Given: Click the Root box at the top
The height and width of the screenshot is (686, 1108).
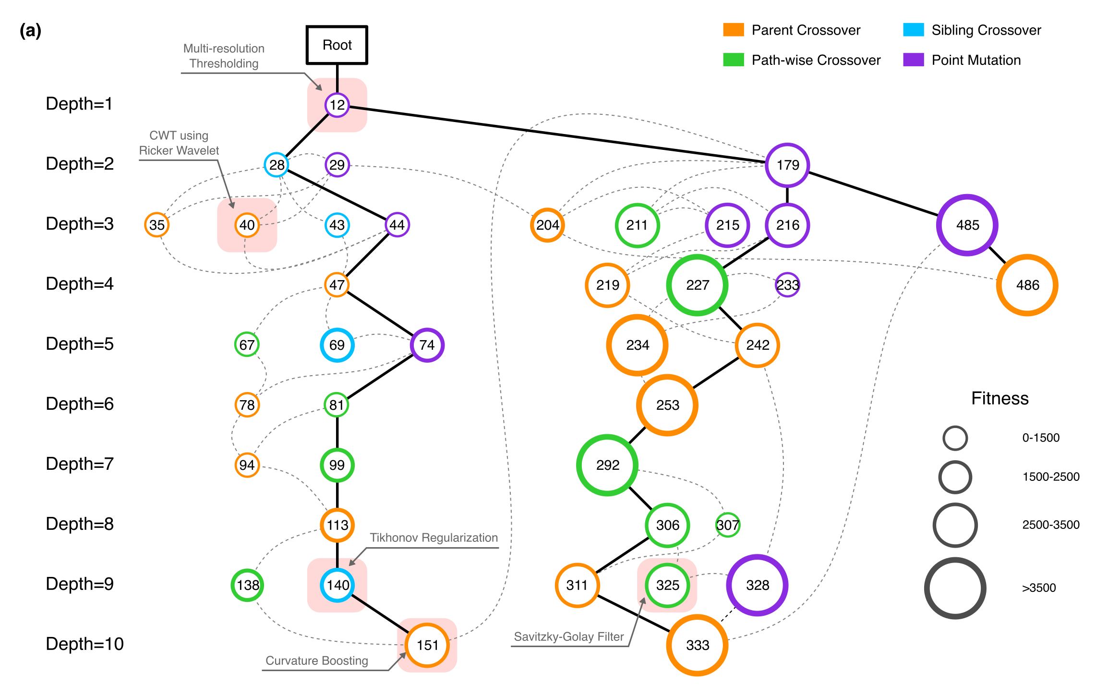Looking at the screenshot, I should tap(337, 45).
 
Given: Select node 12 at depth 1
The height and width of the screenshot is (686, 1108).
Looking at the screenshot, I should tap(337, 105).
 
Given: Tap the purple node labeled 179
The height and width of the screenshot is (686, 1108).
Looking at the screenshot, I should tap(787, 165).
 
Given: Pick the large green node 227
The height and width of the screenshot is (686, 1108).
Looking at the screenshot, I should tap(697, 285).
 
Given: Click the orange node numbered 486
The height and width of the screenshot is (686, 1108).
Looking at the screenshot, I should tap(1027, 285).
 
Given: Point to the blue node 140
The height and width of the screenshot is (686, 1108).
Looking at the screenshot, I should tap(337, 585).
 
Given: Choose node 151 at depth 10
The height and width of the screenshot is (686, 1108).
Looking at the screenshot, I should tap(427, 645).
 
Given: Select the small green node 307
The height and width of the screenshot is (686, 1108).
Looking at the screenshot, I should tap(727, 525).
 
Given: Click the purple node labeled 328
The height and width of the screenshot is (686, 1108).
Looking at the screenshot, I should tap(757, 585).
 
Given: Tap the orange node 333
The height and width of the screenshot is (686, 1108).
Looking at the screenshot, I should tap(697, 645).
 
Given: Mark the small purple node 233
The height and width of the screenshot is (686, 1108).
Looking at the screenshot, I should tap(787, 285).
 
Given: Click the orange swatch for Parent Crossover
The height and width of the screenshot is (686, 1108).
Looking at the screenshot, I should tap(733, 30).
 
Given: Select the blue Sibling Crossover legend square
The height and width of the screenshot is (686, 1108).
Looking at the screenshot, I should tap(913, 30).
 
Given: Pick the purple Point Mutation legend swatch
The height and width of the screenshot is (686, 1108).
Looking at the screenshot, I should tap(913, 60).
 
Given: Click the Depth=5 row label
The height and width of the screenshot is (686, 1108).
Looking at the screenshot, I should tap(80, 344).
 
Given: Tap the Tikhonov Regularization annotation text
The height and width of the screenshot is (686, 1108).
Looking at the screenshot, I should tap(434, 538).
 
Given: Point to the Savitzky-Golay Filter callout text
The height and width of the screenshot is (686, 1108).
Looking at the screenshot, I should tap(568, 637).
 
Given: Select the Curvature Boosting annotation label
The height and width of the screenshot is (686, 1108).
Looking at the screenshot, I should tap(317, 661).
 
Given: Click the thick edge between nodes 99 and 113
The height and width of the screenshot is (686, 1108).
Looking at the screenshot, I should tap(337, 495).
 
